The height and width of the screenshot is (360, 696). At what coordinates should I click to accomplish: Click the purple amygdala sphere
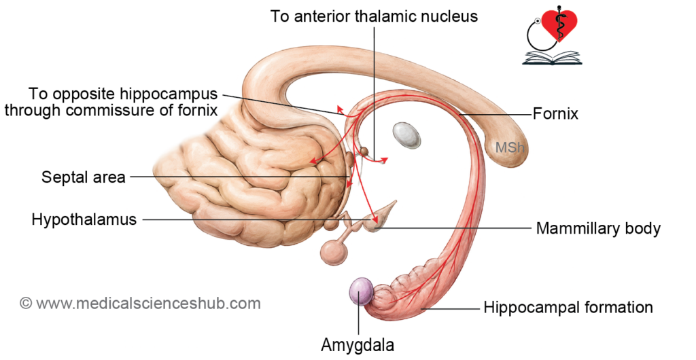(362, 291)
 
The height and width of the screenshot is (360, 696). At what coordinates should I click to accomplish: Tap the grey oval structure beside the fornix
(406, 134)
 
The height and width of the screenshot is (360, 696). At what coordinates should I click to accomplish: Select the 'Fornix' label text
(555, 114)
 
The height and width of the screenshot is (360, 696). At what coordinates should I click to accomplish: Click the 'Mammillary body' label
(598, 228)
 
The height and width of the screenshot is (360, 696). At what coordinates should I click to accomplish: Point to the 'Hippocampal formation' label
(568, 307)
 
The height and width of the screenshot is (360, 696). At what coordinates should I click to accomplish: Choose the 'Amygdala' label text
(358, 344)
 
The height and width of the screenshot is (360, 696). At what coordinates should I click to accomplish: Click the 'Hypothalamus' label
(84, 219)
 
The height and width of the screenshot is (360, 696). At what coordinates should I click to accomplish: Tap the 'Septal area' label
(84, 177)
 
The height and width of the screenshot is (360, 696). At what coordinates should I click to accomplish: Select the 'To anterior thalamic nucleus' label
(375, 16)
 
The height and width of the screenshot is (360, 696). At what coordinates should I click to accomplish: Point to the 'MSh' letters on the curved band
(510, 147)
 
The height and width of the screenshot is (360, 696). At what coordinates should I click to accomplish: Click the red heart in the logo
(560, 24)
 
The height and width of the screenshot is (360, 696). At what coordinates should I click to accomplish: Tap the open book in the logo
(551, 58)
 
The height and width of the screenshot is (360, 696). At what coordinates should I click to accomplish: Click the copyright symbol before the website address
(26, 304)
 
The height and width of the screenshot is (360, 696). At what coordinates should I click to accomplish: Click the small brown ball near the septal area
(364, 152)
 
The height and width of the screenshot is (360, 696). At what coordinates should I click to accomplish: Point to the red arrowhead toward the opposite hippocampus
(340, 109)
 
